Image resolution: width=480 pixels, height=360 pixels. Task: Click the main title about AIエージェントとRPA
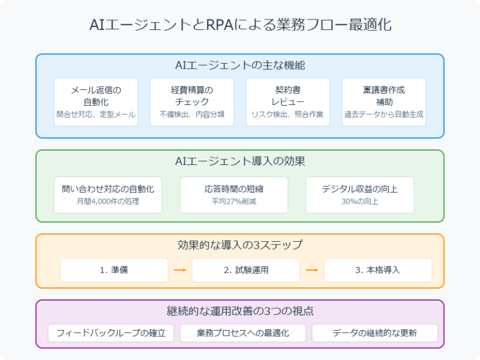tap(240, 26)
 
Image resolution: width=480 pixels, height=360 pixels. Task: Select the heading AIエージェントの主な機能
tap(240, 65)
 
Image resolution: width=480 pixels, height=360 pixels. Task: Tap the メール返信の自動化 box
tap(96, 102)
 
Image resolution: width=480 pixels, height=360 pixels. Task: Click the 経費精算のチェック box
tap(192, 102)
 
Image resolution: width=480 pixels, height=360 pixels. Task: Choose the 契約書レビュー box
tap(287, 102)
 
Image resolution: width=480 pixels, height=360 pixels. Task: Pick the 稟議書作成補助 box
tap(384, 102)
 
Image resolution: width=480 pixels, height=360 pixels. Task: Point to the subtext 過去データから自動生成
tap(384, 115)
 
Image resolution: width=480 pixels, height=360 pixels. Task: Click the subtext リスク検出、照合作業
tap(287, 115)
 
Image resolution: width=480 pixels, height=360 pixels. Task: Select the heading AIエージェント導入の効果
tap(240, 161)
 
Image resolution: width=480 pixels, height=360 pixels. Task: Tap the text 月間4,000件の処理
tap(108, 201)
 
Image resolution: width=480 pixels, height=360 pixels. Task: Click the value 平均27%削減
tap(234, 201)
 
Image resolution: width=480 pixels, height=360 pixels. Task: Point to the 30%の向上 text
tap(359, 201)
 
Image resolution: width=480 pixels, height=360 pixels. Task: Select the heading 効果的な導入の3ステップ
tap(240, 245)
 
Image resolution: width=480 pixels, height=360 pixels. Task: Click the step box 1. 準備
tap(114, 270)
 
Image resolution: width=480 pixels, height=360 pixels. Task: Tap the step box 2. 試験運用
tap(246, 270)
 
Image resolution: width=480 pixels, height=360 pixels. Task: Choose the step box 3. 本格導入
tap(377, 270)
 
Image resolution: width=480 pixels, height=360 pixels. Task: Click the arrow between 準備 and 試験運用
tap(180, 270)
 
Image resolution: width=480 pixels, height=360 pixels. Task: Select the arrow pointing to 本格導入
tap(312, 270)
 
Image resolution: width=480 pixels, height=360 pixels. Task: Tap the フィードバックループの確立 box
tap(111, 332)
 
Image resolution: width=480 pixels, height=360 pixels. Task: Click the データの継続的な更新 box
tap(374, 332)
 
